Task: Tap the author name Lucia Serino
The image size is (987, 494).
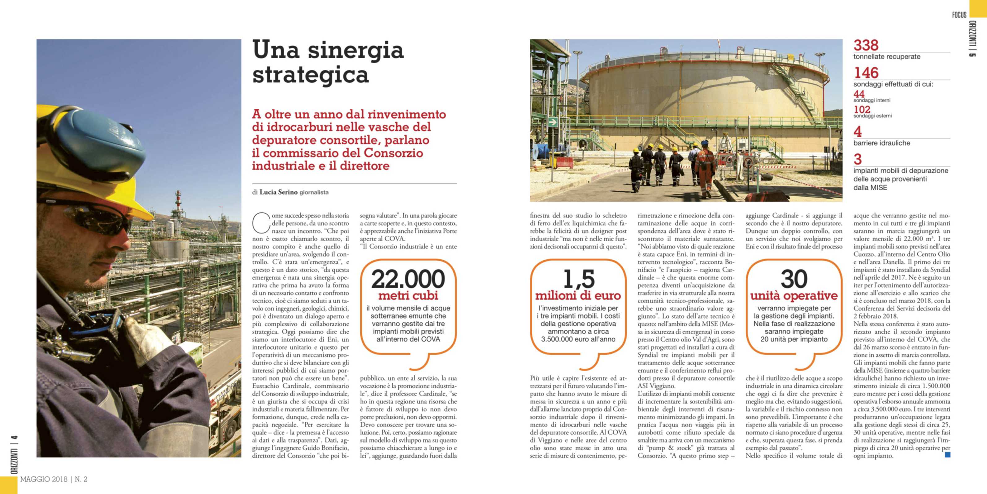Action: pos(279,192)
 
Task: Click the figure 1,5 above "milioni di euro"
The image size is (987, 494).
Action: pos(578,279)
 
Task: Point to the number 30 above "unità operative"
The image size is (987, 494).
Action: pos(794,279)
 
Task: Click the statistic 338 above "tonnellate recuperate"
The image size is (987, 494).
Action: pos(866,45)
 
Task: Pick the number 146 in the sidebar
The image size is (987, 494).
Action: pos(866,73)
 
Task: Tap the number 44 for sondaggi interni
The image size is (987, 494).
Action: pos(859,94)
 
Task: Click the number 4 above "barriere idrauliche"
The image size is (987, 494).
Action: pos(858,131)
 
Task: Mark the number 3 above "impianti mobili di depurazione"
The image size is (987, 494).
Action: pos(858,159)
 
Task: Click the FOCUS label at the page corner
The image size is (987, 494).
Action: pos(959,15)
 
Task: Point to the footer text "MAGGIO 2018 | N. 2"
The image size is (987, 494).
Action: pos(54,479)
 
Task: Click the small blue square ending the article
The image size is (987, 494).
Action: pos(948,455)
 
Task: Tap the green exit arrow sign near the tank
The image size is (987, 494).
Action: pos(553,122)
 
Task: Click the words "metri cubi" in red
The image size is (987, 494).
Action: pos(408,296)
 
